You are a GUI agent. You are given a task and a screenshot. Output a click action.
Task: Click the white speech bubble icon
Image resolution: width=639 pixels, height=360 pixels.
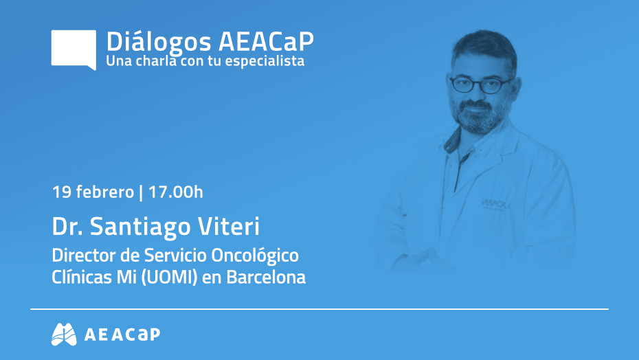coord(74,49)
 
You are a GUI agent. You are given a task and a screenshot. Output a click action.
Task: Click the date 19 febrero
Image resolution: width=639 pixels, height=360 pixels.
coord(93,192)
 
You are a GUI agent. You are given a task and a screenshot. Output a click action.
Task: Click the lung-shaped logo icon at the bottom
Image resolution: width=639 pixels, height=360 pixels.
coord(64,334)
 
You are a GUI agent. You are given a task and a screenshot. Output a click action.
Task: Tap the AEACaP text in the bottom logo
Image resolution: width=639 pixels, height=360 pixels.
coord(122,335)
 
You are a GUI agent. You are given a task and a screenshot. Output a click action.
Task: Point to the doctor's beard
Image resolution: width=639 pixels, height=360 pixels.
coord(478,115)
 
